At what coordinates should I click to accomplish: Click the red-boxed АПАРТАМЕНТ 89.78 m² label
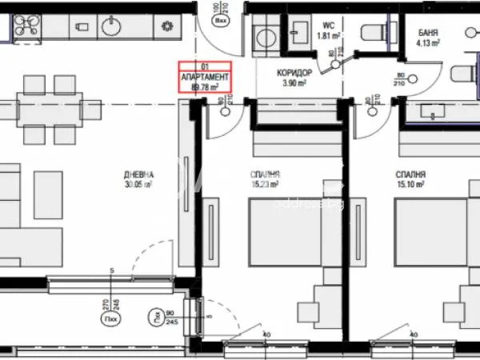coord(205,77)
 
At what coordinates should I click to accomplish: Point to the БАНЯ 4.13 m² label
coord(429,38)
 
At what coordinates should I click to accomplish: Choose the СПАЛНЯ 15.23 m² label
coord(264,179)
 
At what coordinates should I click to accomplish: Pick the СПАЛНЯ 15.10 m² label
coord(410,179)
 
